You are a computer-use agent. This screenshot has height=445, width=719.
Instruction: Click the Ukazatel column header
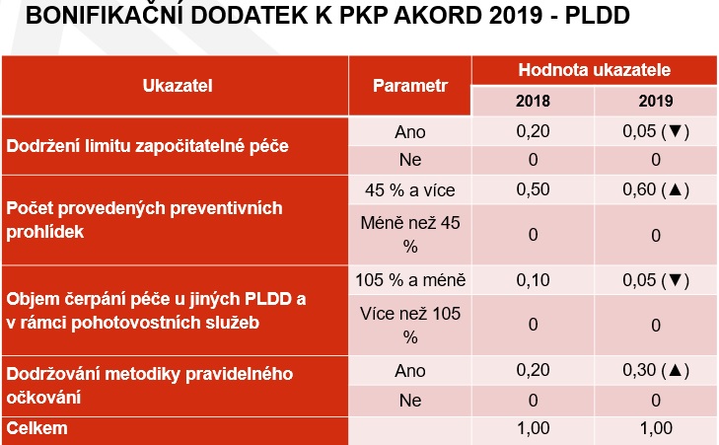pos(178,86)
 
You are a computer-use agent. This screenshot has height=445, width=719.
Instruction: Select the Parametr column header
pos(410,86)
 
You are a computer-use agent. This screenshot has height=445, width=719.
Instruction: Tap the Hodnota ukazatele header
pos(595,70)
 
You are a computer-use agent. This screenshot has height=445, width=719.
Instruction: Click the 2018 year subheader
pos(533,101)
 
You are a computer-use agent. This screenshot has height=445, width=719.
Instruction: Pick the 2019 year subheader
pos(656,101)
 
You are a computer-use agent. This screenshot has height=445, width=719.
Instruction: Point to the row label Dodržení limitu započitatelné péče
pos(147,146)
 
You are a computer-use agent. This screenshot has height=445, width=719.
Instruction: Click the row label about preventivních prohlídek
pos(144,220)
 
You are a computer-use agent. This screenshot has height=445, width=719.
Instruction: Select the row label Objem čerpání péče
pos(156,311)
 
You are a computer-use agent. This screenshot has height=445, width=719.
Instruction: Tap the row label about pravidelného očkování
pos(150,386)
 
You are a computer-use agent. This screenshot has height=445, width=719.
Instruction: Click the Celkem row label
pos(36,428)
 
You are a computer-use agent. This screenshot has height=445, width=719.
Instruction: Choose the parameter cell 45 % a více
pos(410,189)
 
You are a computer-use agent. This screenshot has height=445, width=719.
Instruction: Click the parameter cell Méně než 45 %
pos(410,235)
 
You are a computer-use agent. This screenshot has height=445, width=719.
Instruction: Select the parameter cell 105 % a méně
pos(410,280)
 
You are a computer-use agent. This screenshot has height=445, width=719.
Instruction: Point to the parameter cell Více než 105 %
pos(410,326)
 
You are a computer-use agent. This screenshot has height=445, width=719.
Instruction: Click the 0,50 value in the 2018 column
pos(533,189)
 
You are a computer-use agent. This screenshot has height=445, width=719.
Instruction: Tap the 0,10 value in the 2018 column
pos(533,280)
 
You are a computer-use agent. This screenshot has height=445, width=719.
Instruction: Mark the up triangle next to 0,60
pos(676,189)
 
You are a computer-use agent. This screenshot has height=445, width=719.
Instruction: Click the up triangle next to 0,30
pos(676,370)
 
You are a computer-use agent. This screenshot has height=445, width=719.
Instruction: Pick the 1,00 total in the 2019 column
pos(656,428)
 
